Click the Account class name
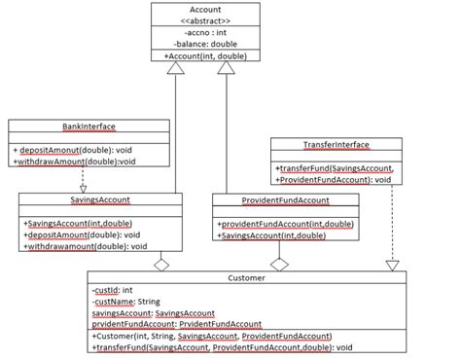198,10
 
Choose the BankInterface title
61,126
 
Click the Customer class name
245,277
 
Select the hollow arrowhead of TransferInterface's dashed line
394,265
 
